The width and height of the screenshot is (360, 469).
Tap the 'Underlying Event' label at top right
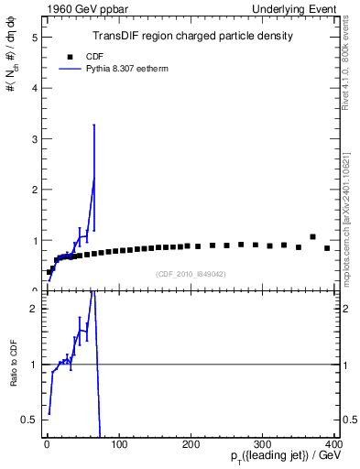[301, 10]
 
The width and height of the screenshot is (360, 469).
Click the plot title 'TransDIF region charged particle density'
[192, 37]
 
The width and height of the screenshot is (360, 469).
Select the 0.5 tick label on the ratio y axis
[30, 420]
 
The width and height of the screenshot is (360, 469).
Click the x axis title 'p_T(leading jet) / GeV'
[286, 458]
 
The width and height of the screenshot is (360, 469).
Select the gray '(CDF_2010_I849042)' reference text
[190, 273]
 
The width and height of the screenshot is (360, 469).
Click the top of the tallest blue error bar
[94, 125]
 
